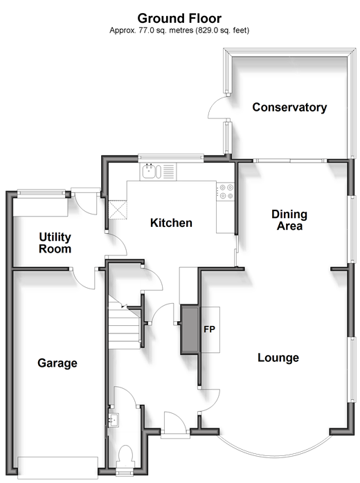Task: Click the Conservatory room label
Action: click(x=289, y=107)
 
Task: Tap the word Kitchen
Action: click(x=171, y=223)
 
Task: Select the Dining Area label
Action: click(x=289, y=220)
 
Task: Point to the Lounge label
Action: click(x=278, y=358)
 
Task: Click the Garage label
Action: click(x=57, y=363)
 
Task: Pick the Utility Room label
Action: click(x=55, y=243)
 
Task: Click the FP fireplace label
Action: click(x=208, y=328)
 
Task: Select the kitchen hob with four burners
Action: click(x=226, y=192)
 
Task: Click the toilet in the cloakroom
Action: click(x=125, y=458)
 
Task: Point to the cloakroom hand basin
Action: click(x=114, y=419)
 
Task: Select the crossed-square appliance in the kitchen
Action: click(x=117, y=210)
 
